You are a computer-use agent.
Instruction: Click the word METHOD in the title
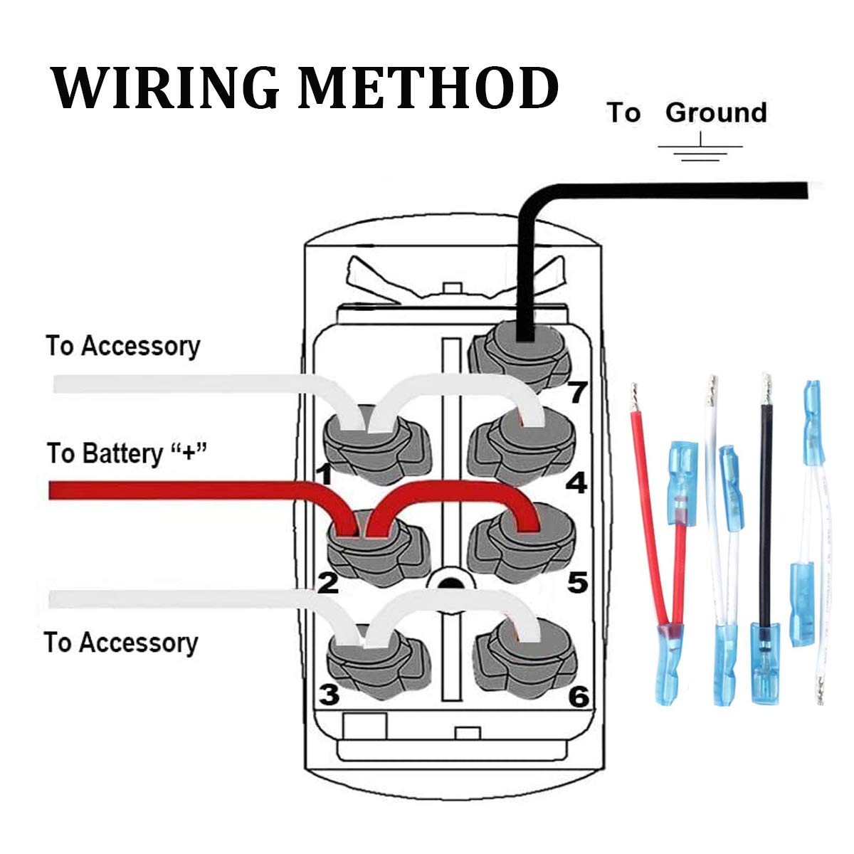[428, 88]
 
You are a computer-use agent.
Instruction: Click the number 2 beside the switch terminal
[328, 583]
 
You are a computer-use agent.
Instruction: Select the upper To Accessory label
[123, 346]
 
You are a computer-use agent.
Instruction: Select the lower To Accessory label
[121, 642]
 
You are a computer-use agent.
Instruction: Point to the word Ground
[716, 112]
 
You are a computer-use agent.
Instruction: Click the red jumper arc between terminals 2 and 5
[448, 491]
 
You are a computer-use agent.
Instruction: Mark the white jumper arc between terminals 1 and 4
[448, 385]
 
